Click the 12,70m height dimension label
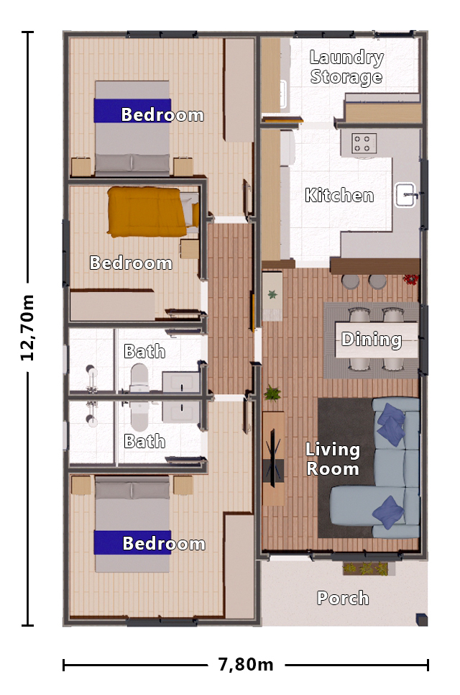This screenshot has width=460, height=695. [29, 327]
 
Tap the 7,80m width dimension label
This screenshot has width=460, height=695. [246, 665]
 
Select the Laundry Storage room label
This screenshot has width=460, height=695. [346, 68]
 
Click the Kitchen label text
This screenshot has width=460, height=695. [339, 196]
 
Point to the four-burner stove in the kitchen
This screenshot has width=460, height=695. [364, 143]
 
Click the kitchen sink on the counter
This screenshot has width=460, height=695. [406, 195]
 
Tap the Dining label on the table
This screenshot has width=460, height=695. [371, 340]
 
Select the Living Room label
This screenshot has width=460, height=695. [332, 459]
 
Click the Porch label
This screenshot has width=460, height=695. [343, 598]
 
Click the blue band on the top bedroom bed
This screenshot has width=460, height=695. [133, 112]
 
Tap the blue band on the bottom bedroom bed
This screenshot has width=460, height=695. [133, 542]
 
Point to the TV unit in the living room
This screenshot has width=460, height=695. [273, 458]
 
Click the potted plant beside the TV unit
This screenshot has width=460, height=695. [272, 394]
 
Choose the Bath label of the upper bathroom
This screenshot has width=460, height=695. [144, 352]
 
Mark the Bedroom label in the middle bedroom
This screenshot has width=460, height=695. [131, 263]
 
